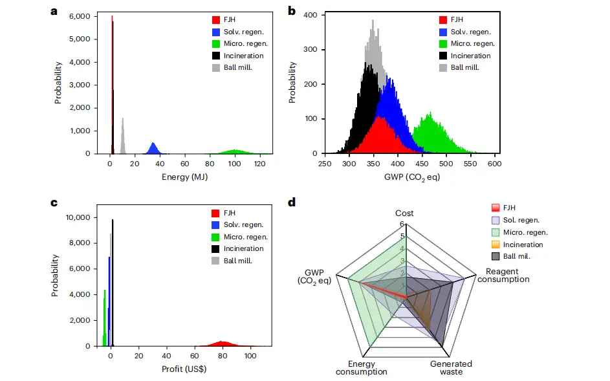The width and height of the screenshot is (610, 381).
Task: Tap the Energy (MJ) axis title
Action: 185,177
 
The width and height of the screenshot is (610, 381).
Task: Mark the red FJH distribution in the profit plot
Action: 223,343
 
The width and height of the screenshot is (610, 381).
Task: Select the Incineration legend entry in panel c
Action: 244,248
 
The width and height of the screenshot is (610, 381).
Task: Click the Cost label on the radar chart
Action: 405,213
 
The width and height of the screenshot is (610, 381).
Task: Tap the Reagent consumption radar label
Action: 503,275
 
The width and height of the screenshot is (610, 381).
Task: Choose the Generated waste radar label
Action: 452,367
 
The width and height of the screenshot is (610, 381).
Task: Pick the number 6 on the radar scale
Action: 401,224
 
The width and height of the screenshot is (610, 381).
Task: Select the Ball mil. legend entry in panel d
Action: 523,256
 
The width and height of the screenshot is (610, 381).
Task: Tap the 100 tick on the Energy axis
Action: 235,165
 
